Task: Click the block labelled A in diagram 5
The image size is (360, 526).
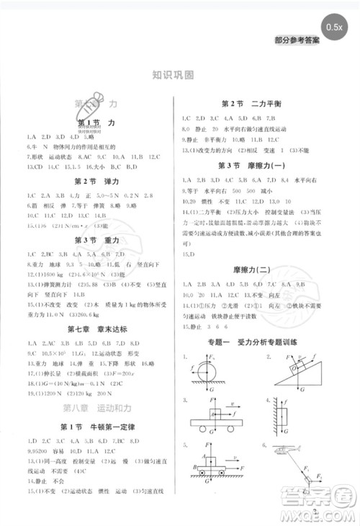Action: point(210,460)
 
